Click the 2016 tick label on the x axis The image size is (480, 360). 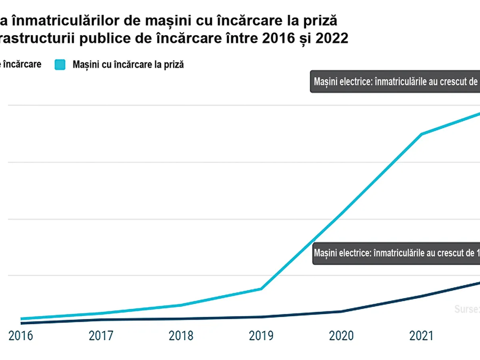point(21,335)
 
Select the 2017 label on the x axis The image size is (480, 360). point(101,335)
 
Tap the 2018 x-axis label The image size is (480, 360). point(181,335)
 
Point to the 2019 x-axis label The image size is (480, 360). point(261,335)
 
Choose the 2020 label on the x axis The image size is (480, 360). point(341,335)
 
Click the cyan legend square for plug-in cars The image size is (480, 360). point(60,64)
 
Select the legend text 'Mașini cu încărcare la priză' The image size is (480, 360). point(128,64)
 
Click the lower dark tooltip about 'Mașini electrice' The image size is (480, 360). point(396,253)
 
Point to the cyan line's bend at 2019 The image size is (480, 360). point(261,289)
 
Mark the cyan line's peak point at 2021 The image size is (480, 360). point(421,134)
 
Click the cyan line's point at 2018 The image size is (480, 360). point(181,305)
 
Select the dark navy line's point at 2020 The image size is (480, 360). point(341,311)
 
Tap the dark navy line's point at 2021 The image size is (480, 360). point(421,296)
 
